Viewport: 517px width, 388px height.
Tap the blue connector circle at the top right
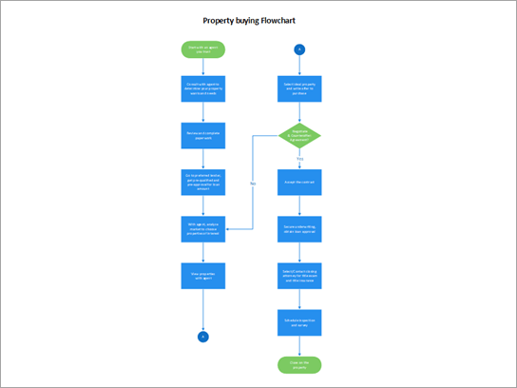(x=299, y=48)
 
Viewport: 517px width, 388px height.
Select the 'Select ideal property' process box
(x=299, y=90)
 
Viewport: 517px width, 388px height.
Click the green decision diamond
(x=299, y=136)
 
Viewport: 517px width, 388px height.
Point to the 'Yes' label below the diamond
(x=299, y=159)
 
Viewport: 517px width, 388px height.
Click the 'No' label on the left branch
(x=253, y=182)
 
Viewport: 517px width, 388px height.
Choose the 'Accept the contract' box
(x=299, y=182)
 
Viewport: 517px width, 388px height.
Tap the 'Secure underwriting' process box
(x=299, y=228)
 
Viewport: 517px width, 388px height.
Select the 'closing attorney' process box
(x=299, y=276)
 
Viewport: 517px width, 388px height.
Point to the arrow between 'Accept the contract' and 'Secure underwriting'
(x=299, y=204)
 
